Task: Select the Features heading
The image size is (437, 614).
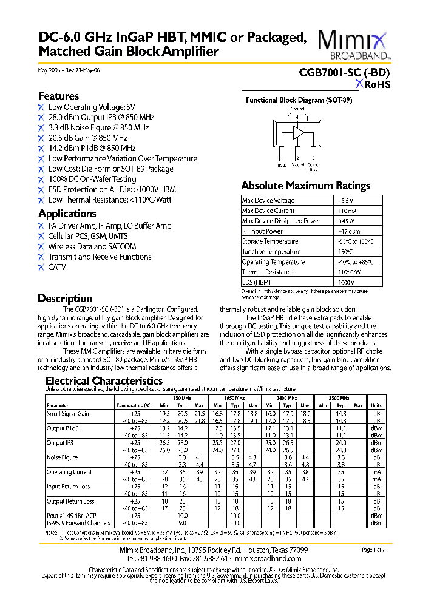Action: click(58, 96)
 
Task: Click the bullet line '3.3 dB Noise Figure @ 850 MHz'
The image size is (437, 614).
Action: click(98, 127)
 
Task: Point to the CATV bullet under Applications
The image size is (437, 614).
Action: click(57, 267)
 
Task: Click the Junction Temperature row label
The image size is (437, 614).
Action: click(271, 252)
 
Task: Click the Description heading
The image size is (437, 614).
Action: click(65, 299)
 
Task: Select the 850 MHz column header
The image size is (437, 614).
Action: click(181, 397)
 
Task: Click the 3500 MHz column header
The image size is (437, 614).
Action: click(338, 397)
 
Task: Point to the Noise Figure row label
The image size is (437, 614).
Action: click(63, 457)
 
